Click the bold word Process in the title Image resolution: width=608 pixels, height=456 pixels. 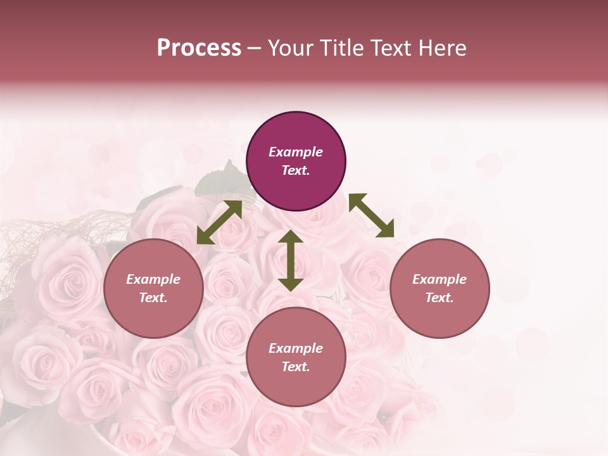[x=199, y=48]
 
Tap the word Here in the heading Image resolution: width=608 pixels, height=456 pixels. [x=443, y=48]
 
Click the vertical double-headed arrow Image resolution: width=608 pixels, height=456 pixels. [x=291, y=260]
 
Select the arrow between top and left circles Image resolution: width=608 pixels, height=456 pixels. [x=219, y=222]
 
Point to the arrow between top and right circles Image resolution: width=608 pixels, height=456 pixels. [x=371, y=215]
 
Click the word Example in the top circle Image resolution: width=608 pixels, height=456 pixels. [x=296, y=152]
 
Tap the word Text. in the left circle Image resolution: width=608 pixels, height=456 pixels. [x=153, y=298]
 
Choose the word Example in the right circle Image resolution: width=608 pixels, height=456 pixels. [x=440, y=279]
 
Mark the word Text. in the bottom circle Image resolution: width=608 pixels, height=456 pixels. [x=296, y=367]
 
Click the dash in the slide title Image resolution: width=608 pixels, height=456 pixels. [x=255, y=48]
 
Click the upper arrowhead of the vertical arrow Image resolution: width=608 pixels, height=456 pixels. [x=291, y=237]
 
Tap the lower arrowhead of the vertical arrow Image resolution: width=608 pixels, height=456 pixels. [x=291, y=284]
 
